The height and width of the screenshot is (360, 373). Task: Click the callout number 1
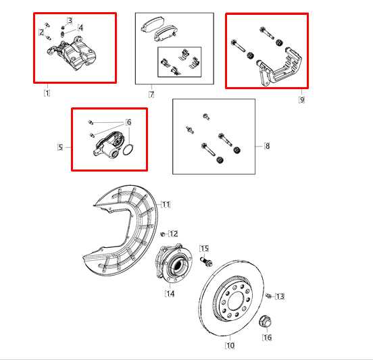coord(47,93)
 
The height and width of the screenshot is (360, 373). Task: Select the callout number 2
coord(41,32)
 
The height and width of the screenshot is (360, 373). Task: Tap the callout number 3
coord(69,21)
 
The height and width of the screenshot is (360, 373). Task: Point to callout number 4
coord(80,28)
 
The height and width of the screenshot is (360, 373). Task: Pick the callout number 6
coord(128,122)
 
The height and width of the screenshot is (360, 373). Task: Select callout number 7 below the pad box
coord(152,93)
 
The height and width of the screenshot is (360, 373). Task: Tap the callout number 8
coord(267,145)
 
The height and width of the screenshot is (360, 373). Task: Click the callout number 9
coord(301,99)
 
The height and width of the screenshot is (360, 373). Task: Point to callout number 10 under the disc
coord(230,346)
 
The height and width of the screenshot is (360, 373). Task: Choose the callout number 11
coord(166,204)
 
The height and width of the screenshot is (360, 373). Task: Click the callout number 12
coord(174,234)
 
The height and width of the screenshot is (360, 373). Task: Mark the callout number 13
coord(280,296)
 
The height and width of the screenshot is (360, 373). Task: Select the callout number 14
coord(170,294)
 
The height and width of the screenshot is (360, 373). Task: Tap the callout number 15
coord(204,249)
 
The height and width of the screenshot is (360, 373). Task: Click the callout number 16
coord(267,337)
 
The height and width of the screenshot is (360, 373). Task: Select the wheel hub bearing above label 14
coord(172,265)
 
